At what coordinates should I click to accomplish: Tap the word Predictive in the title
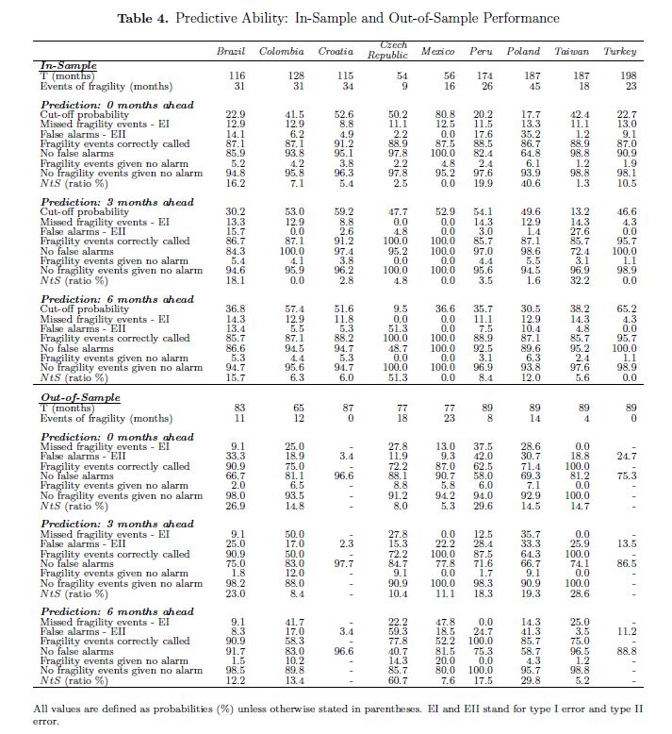209,18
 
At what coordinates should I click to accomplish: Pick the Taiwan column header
572,51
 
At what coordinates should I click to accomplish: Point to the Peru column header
482,51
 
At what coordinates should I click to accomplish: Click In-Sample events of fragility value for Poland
532,87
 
